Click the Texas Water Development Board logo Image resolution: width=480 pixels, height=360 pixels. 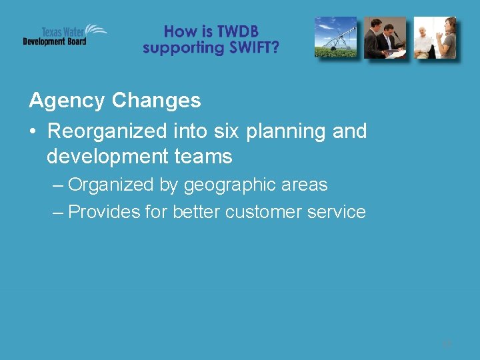point(64,35)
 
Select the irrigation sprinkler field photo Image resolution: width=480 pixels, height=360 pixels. point(336,38)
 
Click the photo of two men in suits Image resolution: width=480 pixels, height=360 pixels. point(385,38)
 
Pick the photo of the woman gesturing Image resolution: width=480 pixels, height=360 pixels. point(435,38)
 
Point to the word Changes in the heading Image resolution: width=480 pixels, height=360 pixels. point(156,101)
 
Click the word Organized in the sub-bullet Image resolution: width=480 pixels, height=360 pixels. point(110,185)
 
